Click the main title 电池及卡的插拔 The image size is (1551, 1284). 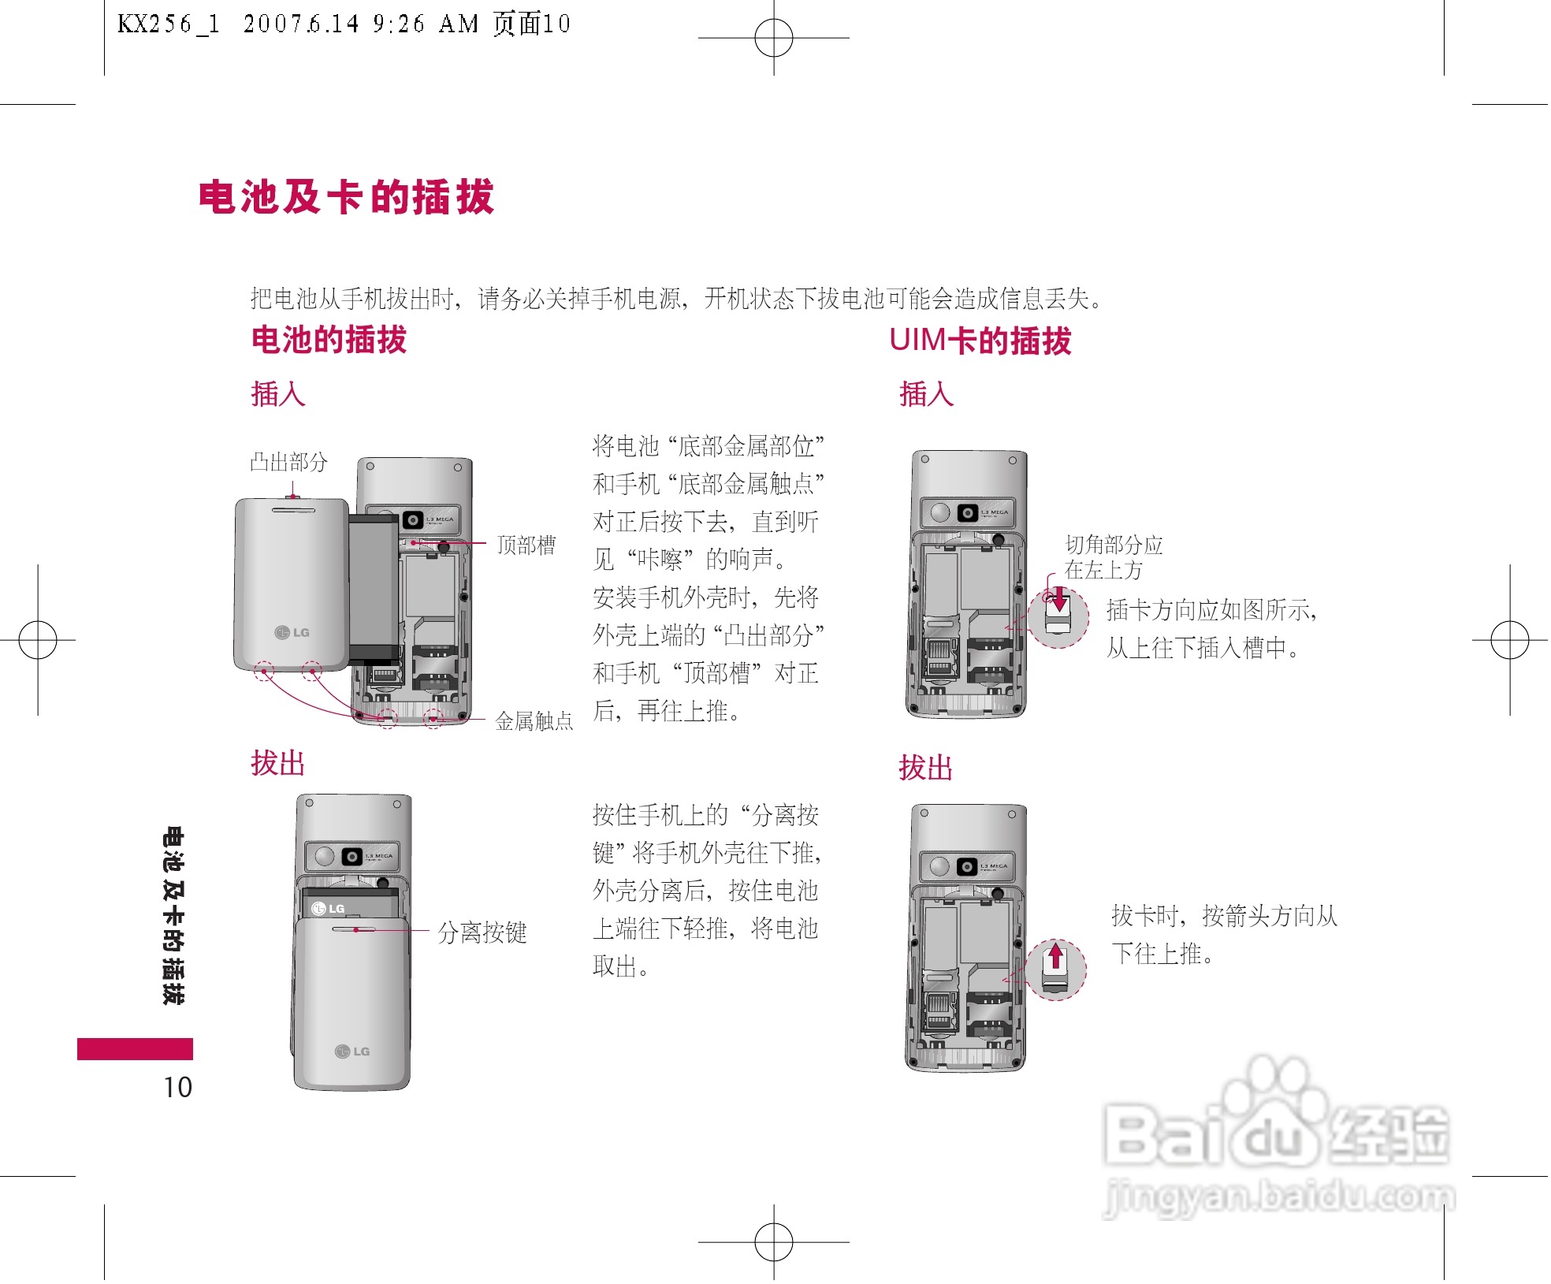pyautogui.click(x=346, y=197)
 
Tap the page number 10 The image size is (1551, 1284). pyautogui.click(x=177, y=1087)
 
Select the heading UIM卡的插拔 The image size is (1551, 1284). pyautogui.click(x=980, y=341)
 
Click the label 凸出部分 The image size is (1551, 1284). pyautogui.click(x=288, y=462)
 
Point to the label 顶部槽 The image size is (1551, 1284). pyautogui.click(x=526, y=545)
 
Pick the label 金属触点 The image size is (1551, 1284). pyautogui.click(x=534, y=720)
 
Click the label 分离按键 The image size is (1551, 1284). pyautogui.click(x=482, y=932)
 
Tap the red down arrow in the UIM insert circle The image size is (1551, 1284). pyautogui.click(x=1059, y=601)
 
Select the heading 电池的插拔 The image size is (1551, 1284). pyautogui.click(x=329, y=340)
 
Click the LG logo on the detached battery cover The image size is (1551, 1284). pyautogui.click(x=292, y=632)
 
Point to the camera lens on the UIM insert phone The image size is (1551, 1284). pyautogui.click(x=967, y=513)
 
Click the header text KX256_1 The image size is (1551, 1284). pyautogui.click(x=168, y=24)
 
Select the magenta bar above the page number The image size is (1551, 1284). pyautogui.click(x=135, y=1049)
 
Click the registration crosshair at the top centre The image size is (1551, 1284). pyautogui.click(x=774, y=38)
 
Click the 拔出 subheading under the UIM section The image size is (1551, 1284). pyautogui.click(x=926, y=768)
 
